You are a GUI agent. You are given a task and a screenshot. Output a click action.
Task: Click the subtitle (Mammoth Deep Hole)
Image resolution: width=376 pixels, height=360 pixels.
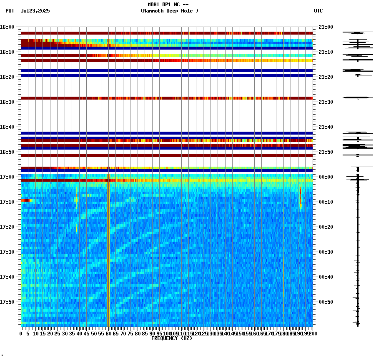pos(169,11)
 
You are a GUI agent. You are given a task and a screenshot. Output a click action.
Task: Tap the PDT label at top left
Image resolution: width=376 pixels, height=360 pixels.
pos(10,11)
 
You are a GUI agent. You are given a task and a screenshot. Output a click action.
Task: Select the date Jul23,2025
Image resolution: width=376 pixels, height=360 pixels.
pos(35,11)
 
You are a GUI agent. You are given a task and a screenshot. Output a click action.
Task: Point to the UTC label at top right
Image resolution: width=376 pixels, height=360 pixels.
pos(318,11)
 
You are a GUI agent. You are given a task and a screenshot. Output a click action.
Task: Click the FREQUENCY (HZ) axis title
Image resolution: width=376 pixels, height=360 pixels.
pos(172,338)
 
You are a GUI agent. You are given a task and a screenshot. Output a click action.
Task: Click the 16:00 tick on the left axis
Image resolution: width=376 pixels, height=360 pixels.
pos(8,27)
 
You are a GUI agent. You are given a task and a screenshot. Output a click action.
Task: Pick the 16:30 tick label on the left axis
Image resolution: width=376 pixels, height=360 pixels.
pos(8,102)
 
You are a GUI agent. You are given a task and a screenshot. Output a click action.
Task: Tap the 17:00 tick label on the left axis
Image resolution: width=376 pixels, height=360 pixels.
pos(8,177)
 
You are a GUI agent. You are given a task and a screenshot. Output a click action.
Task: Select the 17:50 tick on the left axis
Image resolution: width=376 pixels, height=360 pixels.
pos(8,302)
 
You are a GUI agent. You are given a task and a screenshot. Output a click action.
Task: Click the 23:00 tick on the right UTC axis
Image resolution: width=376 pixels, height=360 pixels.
pos(326,27)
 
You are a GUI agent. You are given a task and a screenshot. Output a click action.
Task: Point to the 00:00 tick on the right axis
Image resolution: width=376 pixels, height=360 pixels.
pos(326,177)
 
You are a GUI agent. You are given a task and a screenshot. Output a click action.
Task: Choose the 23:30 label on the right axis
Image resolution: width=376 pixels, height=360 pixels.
pos(326,102)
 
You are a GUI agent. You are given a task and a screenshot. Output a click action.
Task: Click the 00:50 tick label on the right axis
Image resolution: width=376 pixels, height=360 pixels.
pos(326,302)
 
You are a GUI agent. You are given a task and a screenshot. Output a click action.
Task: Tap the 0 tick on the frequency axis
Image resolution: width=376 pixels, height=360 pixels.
pos(21,333)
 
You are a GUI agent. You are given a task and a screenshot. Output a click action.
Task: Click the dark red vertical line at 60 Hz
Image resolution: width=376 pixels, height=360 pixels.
pos(108,250)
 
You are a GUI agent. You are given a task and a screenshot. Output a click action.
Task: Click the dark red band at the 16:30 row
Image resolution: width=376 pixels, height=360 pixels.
pos(167,98)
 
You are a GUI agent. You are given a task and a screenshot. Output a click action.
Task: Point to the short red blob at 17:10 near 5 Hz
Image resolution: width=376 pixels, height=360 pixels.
pos(26,200)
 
